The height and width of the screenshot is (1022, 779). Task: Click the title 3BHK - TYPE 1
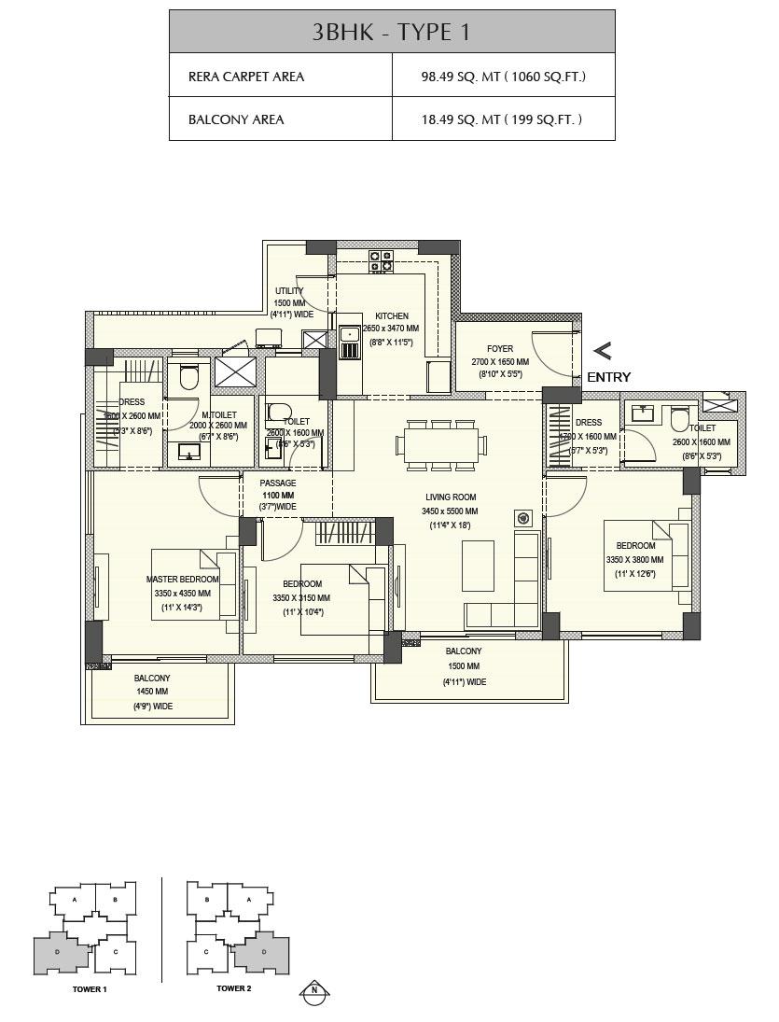391,32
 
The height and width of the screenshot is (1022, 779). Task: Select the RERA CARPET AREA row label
246,77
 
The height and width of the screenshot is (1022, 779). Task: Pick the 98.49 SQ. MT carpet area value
503,77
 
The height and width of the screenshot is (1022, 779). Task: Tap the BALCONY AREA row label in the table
236,119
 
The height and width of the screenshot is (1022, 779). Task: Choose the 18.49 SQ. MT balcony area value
502,119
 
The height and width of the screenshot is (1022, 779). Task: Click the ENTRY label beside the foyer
608,378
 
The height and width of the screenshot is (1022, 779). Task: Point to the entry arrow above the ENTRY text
603,352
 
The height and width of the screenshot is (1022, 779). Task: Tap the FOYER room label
500,349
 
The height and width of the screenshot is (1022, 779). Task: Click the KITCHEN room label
392,316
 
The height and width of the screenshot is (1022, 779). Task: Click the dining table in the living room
440,443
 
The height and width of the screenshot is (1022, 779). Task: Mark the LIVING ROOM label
451,497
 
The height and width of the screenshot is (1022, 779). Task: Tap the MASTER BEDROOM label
183,580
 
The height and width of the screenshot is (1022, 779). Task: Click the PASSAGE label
277,483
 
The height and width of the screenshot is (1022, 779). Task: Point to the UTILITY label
289,291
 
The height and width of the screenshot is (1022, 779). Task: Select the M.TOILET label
219,414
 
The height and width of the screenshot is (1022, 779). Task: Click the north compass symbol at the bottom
315,991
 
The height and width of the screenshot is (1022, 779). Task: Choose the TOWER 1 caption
90,988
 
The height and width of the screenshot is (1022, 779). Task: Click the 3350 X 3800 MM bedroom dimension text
634,560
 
